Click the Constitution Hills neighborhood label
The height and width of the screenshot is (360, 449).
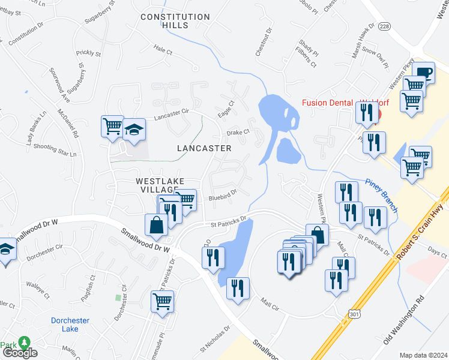(x=175, y=21)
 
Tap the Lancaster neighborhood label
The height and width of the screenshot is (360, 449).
(x=204, y=148)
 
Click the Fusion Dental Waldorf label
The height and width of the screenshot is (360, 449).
(x=345, y=103)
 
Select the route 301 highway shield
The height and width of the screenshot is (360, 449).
(x=353, y=313)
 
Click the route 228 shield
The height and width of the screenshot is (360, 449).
(x=385, y=26)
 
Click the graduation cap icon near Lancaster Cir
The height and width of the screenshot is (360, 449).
(x=135, y=129)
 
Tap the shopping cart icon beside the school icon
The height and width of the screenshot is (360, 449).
(x=112, y=126)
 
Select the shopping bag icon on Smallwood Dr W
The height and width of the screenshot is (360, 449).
(x=156, y=225)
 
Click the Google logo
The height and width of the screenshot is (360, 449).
(x=19, y=353)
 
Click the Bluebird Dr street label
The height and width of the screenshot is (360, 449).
(x=223, y=193)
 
